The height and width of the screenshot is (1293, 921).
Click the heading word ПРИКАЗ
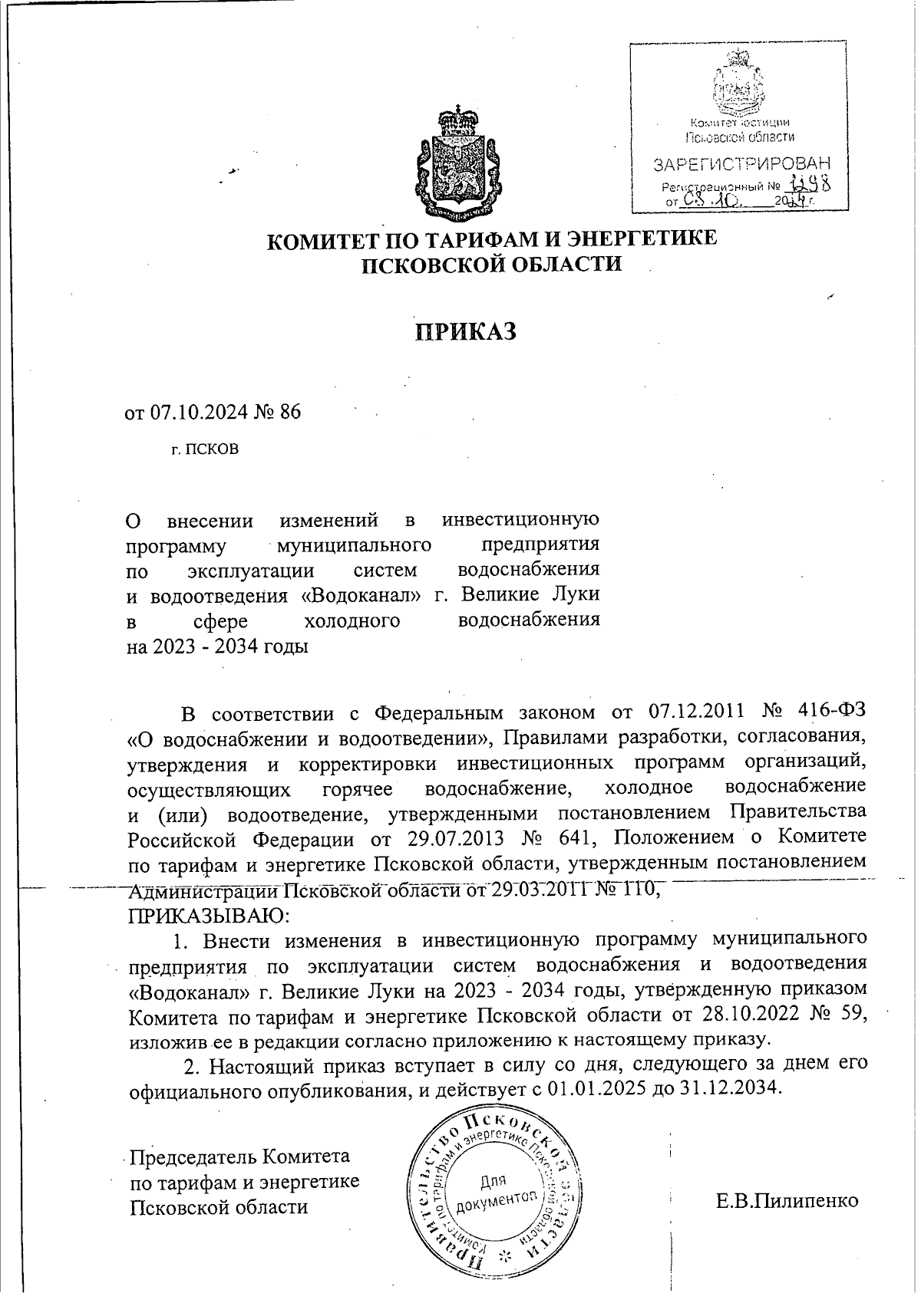click(466, 331)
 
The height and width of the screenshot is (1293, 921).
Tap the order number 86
click(291, 412)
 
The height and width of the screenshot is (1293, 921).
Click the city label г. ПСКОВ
click(205, 449)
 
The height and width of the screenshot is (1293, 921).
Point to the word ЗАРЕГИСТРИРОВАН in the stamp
click(741, 164)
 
